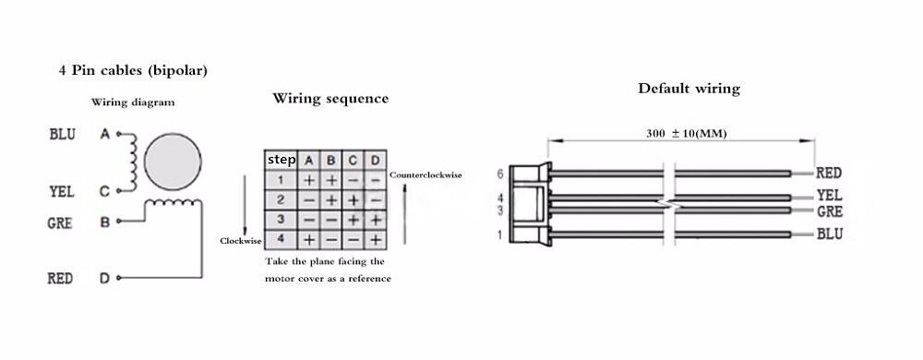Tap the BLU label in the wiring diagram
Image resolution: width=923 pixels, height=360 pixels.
tap(62, 135)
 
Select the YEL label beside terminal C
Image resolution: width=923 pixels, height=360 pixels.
tap(61, 192)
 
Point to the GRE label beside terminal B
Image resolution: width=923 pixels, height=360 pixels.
tap(61, 222)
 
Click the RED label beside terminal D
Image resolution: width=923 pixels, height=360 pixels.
tap(61, 278)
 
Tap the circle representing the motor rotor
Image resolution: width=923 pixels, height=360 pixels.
tap(173, 159)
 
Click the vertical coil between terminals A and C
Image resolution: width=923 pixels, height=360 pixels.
tap(135, 163)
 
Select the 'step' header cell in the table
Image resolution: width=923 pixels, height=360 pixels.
tap(282, 160)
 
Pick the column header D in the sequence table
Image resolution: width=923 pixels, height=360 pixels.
tap(375, 160)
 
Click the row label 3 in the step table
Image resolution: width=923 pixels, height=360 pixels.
tap(280, 220)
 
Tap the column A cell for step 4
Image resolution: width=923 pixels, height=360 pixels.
tap(308, 240)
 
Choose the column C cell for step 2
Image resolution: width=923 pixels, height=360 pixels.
tap(353, 199)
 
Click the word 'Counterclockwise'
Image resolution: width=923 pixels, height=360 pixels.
tap(426, 174)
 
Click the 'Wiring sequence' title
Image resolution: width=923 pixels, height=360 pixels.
tap(330, 99)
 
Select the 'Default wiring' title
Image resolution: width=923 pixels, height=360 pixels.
tap(689, 89)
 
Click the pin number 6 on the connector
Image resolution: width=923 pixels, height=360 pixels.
tap(499, 173)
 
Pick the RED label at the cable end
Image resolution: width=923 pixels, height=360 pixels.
tap(829, 173)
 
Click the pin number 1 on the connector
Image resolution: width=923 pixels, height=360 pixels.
tap(499, 234)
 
